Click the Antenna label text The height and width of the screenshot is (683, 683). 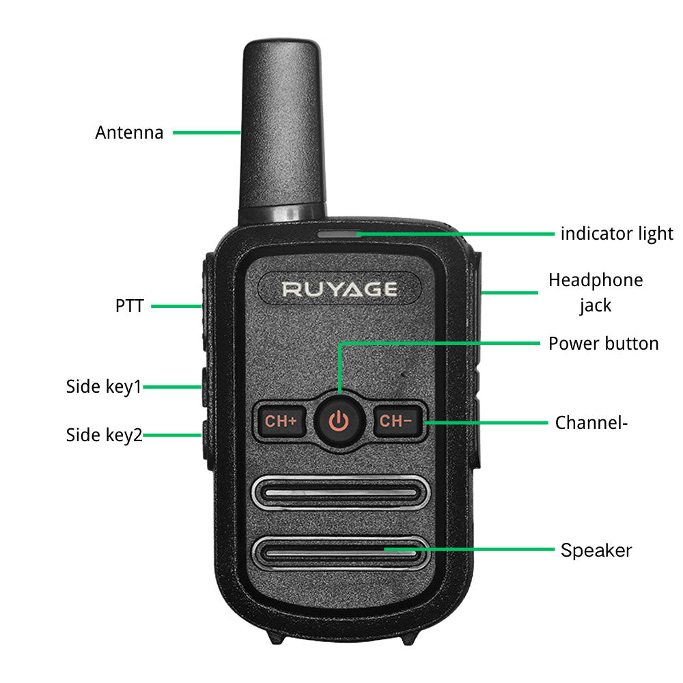[x=129, y=133]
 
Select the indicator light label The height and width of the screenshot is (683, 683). [x=617, y=234]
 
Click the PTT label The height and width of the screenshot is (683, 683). [x=130, y=306]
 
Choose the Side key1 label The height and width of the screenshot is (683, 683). [x=104, y=387]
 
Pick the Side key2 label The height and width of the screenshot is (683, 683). [x=104, y=434]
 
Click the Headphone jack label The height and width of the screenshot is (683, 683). [x=596, y=292]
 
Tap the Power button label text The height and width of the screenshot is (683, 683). [x=603, y=343]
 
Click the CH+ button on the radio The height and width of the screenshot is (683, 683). [x=281, y=421]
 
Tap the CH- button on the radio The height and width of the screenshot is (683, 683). [x=396, y=421]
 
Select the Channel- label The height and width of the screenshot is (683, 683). [x=591, y=422]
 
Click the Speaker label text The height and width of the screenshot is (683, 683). [x=596, y=550]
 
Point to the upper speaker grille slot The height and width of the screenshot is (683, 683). [x=339, y=492]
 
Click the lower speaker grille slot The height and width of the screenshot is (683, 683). [x=339, y=551]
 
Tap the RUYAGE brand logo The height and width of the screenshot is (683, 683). [x=339, y=289]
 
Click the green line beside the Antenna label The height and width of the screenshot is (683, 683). [x=206, y=132]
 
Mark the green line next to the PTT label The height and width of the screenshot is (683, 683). [x=176, y=306]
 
